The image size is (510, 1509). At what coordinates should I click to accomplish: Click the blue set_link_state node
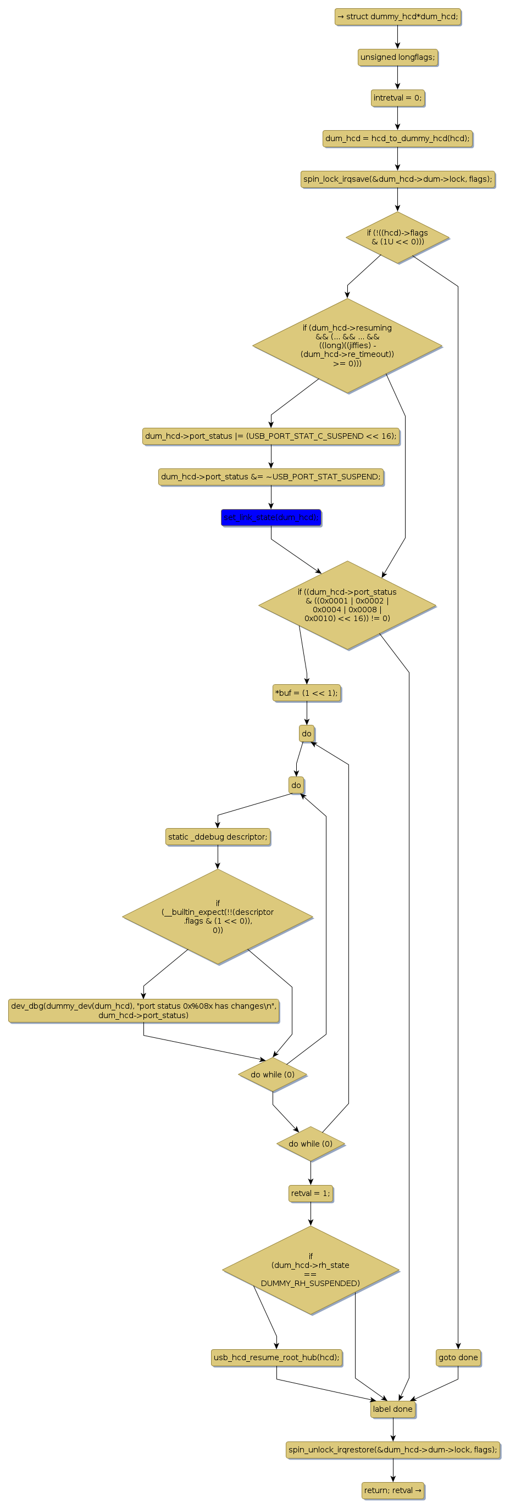click(271, 517)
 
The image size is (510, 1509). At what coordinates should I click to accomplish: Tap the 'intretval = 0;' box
click(397, 98)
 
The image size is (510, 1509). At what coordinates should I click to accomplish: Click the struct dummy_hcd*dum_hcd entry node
click(397, 16)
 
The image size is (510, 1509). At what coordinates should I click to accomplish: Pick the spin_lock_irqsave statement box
click(397, 178)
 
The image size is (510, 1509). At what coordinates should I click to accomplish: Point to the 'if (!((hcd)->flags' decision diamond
click(397, 237)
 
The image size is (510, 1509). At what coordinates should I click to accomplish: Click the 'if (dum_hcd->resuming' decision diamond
click(347, 345)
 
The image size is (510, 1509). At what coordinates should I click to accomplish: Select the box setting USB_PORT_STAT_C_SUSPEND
click(271, 436)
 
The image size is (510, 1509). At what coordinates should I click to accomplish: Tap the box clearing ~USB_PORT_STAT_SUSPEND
click(271, 477)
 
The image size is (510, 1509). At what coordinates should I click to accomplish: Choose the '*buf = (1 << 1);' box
click(307, 693)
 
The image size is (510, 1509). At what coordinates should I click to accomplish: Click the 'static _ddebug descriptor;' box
click(218, 837)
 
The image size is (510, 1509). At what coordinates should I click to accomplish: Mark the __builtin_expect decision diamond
click(218, 916)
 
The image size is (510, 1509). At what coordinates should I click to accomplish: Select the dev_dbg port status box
click(143, 1010)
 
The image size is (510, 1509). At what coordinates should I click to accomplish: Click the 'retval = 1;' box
click(311, 1193)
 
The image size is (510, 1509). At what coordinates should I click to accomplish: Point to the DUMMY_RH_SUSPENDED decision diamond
click(311, 1270)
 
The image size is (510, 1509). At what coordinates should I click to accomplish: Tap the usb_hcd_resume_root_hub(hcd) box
click(276, 1357)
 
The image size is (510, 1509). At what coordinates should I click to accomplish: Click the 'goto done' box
click(458, 1357)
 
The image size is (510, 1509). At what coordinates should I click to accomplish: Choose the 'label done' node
click(393, 1409)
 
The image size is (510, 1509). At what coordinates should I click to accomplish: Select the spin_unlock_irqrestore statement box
click(393, 1450)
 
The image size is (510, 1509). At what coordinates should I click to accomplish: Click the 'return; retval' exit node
click(393, 1490)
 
